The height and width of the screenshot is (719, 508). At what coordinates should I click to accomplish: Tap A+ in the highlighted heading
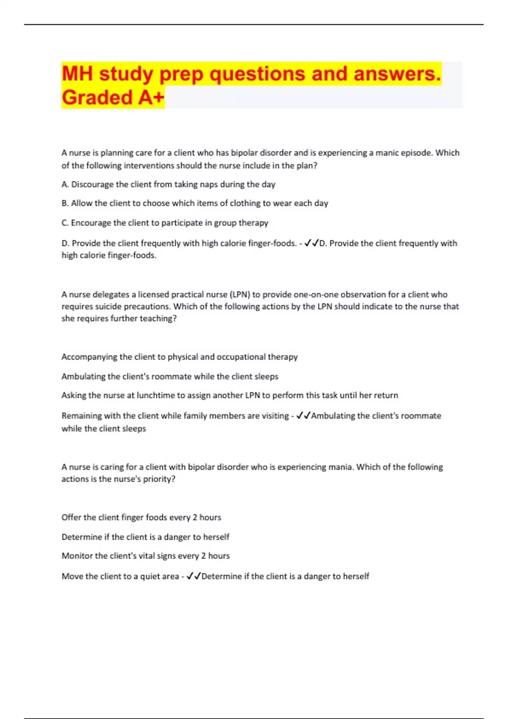coord(151,98)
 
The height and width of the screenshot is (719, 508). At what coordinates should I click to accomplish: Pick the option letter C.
coord(65,223)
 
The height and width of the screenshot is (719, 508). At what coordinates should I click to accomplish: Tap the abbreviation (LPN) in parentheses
coord(240,294)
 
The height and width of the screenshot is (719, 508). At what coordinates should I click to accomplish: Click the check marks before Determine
coord(193,576)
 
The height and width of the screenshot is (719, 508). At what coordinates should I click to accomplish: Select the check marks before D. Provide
coord(311,243)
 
